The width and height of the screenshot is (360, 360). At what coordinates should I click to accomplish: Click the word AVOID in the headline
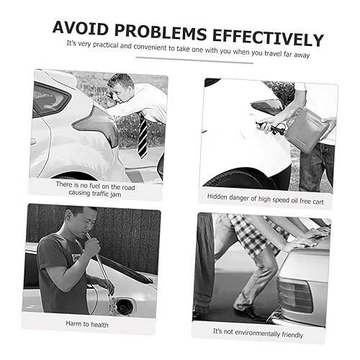80,28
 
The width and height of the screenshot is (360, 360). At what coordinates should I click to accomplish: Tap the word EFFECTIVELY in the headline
268,38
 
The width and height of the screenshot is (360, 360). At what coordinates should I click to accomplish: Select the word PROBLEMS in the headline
161,32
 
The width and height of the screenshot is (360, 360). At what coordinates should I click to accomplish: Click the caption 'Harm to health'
87,324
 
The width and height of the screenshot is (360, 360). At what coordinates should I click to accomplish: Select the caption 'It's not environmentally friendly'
258,333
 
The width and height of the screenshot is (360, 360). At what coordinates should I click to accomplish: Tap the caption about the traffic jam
95,189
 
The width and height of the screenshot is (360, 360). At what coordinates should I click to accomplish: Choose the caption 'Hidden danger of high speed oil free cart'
266,199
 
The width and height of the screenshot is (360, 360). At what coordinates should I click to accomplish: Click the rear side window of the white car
51,100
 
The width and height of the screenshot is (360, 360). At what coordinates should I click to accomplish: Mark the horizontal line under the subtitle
194,60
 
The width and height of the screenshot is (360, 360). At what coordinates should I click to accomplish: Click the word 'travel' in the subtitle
273,53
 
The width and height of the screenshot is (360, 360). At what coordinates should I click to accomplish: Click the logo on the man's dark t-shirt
76,258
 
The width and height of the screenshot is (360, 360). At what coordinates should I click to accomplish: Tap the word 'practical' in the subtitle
106,45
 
